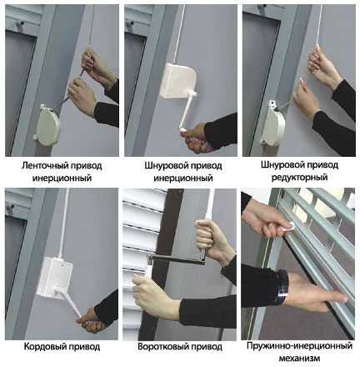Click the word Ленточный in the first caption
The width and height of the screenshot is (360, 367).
pos(44,166)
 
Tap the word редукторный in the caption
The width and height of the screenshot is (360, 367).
pos(299,178)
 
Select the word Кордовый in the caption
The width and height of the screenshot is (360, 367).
pos(44,347)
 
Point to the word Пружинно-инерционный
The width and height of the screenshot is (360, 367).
pos(299,346)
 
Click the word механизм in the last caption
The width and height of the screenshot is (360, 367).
pos(299,358)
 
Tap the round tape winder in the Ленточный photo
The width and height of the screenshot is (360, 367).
pos(47,125)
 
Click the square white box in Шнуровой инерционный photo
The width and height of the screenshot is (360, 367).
pos(178,81)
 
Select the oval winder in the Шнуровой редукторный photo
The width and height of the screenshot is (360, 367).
pos(273,123)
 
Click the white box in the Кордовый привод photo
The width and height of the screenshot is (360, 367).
pos(55,278)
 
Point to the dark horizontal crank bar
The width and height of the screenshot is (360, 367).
pos(177,259)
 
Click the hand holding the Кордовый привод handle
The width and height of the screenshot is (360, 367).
pos(88,319)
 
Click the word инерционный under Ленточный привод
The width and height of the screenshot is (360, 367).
pos(62,178)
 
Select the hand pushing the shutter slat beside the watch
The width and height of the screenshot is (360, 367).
pos(317,292)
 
